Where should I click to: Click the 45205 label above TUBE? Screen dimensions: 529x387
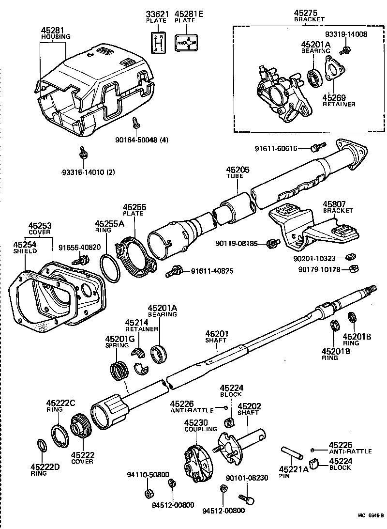[x=238, y=170]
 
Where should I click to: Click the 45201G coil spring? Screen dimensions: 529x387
[x=119, y=373]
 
